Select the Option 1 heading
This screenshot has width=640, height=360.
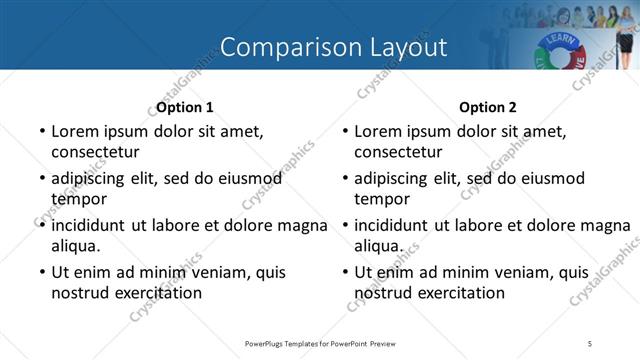click(185, 107)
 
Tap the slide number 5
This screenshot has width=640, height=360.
click(590, 344)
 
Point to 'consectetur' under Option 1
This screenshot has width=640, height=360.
click(95, 152)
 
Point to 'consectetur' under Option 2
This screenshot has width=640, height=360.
click(398, 152)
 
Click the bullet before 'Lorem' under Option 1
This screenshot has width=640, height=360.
click(41, 131)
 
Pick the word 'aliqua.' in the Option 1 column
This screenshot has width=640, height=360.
click(76, 245)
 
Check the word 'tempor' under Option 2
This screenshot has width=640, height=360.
click(379, 199)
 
